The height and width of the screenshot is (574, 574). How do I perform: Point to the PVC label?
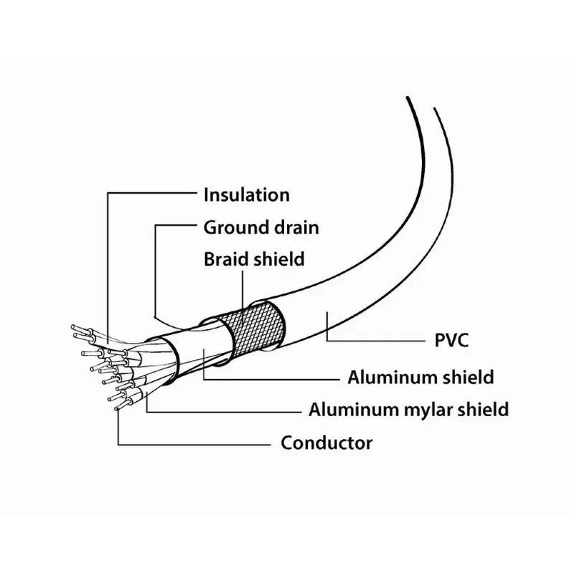tap(451, 339)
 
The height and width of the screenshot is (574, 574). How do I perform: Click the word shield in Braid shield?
tap(278, 259)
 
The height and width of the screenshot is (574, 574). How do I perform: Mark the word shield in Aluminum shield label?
tap(469, 377)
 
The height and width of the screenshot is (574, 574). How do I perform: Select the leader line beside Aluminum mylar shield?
tap(230, 411)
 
